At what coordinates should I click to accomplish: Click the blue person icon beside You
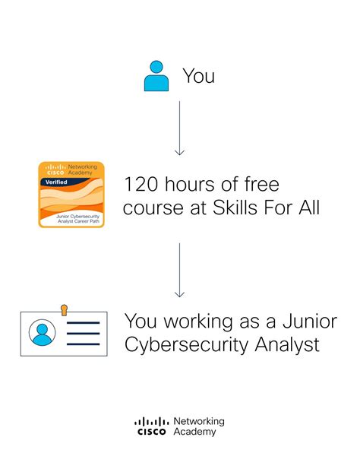click(x=156, y=77)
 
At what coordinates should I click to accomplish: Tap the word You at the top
click(x=198, y=76)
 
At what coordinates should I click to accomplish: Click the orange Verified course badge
click(x=71, y=195)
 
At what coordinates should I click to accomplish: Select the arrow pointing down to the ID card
click(x=179, y=270)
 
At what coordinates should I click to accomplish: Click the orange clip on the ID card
click(x=64, y=309)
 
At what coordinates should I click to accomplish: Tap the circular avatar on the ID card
click(x=43, y=332)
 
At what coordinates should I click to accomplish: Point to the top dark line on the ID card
click(x=84, y=323)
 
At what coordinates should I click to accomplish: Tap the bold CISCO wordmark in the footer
click(x=151, y=432)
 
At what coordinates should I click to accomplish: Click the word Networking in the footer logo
click(x=198, y=421)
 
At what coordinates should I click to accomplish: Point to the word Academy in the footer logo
click(x=194, y=432)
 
